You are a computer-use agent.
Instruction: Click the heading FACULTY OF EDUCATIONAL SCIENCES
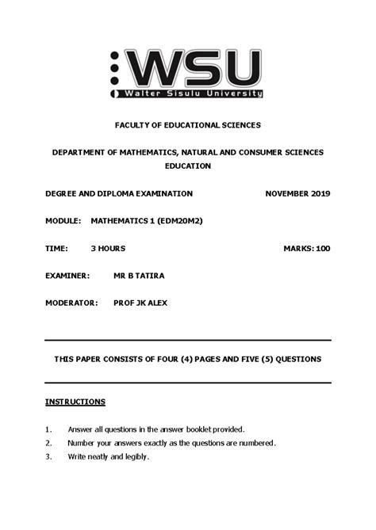[187, 125]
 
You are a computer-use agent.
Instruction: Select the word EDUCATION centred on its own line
[188, 166]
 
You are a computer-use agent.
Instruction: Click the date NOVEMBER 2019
[297, 194]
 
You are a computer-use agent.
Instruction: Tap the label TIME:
[57, 249]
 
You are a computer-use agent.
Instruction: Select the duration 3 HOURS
[108, 249]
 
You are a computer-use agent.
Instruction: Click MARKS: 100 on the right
[306, 249]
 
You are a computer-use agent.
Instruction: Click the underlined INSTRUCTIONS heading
[75, 402]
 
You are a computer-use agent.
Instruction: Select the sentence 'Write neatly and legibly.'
[109, 457]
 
